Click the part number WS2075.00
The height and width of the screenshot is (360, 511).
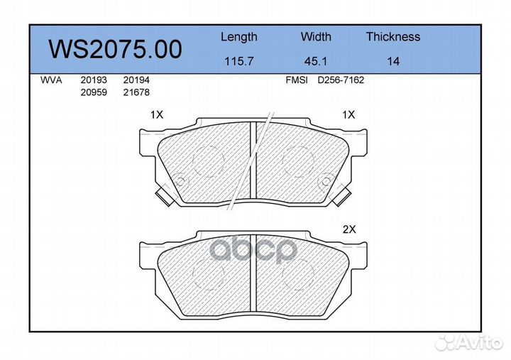pyautogui.click(x=115, y=49)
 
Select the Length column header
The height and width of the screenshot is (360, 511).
pyautogui.click(x=239, y=37)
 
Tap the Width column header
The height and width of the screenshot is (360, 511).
pyautogui.click(x=316, y=36)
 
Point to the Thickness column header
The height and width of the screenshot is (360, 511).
pyautogui.click(x=393, y=36)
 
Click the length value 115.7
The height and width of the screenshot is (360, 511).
pyautogui.click(x=239, y=61)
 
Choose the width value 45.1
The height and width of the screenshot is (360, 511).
pyautogui.click(x=315, y=61)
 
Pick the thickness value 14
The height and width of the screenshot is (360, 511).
pyautogui.click(x=393, y=61)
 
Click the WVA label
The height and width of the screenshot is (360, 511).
pyautogui.click(x=51, y=80)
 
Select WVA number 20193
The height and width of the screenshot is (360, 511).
pyautogui.click(x=94, y=80)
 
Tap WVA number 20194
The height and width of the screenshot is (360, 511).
pyautogui.click(x=136, y=80)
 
